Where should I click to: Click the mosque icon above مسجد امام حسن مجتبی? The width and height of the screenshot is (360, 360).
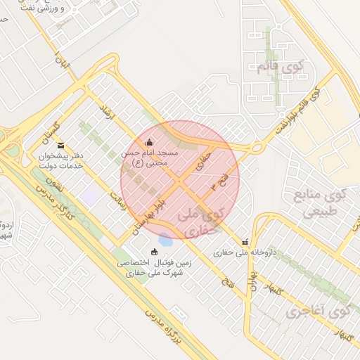click(148, 143)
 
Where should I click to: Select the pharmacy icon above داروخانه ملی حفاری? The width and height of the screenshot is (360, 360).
click(245, 241)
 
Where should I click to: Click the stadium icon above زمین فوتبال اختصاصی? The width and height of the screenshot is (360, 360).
click(155, 252)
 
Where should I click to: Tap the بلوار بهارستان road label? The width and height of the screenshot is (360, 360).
click(147, 218)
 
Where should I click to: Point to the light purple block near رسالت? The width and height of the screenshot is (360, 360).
click(89, 196)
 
